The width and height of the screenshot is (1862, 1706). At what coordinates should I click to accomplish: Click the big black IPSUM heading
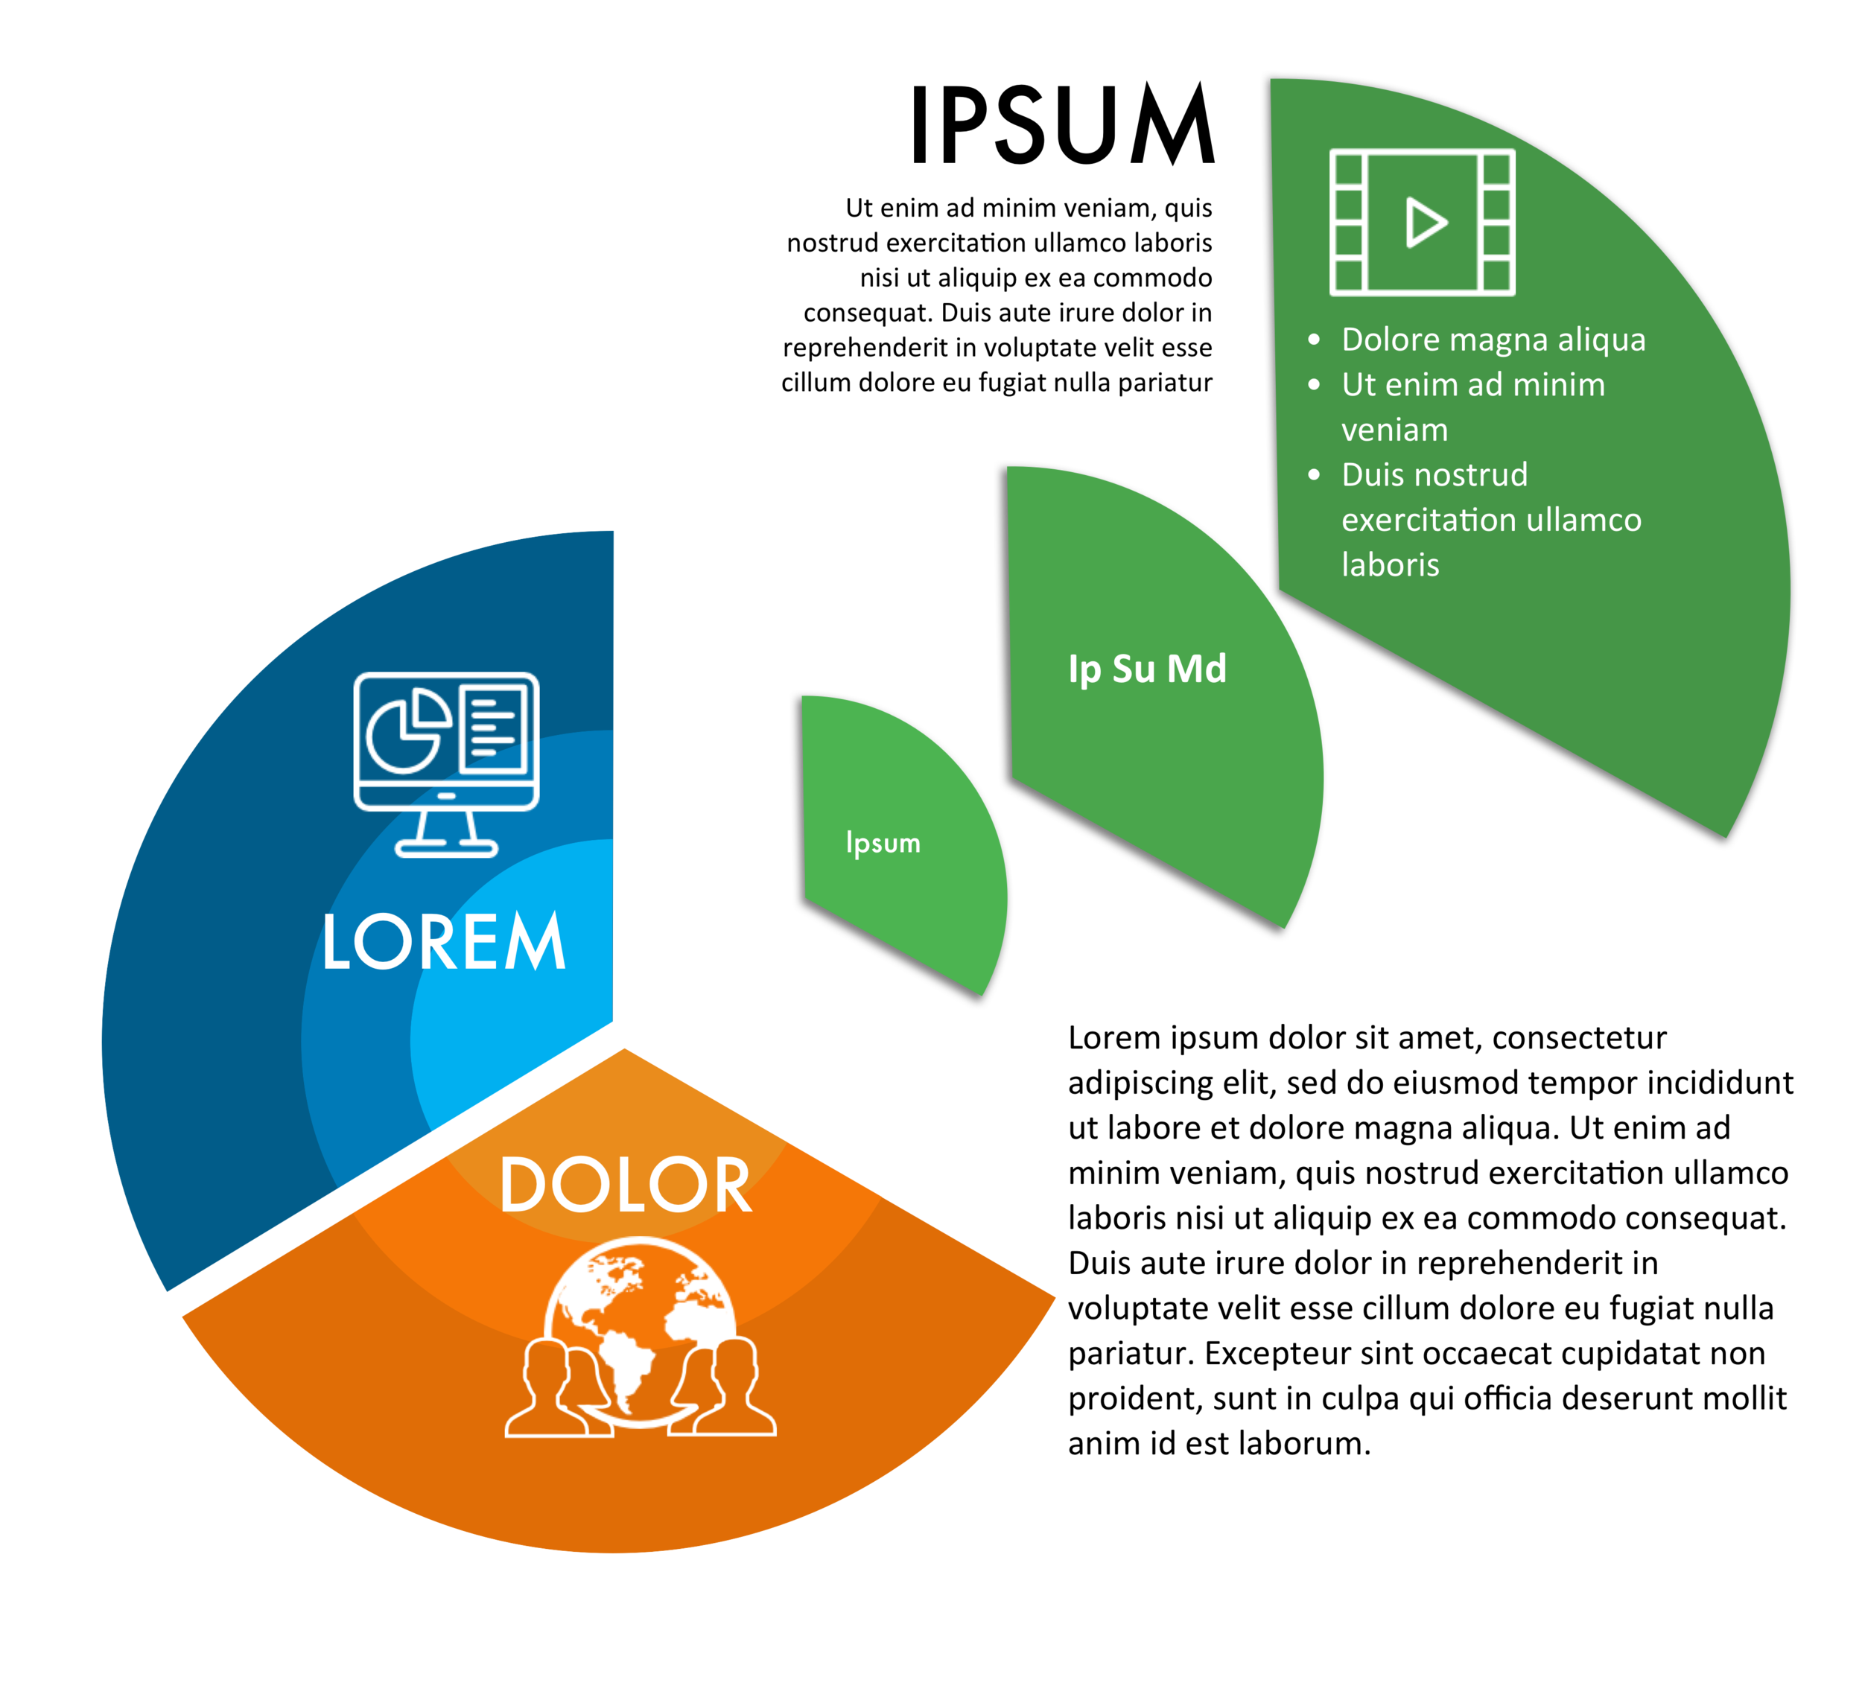1062,124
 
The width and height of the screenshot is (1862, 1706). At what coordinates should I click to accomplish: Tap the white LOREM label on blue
444,941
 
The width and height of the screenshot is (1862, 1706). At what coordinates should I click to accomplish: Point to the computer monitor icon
446,765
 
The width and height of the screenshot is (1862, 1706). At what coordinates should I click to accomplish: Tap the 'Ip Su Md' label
1147,669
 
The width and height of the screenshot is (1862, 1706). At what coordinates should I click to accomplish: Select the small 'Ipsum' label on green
883,843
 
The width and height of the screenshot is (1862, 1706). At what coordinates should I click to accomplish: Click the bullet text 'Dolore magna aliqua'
1493,340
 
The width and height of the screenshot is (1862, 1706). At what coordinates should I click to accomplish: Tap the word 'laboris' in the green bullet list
1390,564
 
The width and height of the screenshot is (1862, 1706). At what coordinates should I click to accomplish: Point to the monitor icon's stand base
446,849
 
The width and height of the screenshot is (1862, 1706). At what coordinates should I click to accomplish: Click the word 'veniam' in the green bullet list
1395,430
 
